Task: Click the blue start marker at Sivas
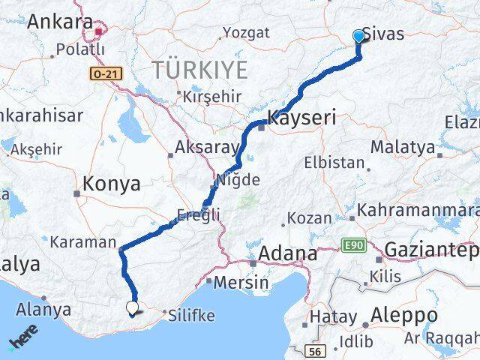tap(358, 36)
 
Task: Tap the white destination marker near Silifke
tap(133, 307)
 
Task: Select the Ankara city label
tap(58, 22)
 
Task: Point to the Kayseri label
tap(301, 119)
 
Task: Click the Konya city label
tap(112, 184)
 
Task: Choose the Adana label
tap(286, 254)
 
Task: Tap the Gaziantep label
tap(431, 250)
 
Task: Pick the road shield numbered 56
tap(315, 350)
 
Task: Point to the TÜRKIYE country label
tap(199, 70)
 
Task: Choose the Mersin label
tap(241, 283)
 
